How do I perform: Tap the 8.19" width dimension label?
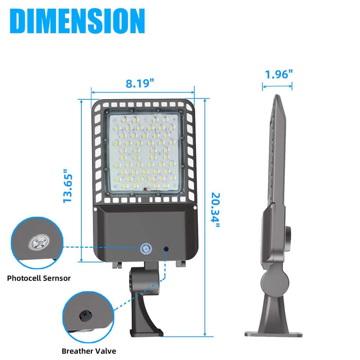pos(140,83)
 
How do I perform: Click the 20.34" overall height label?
pos(216,210)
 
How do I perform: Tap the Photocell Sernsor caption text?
pos(39,278)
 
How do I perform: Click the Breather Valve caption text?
pos(89,351)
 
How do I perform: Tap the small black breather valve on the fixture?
pos(166,248)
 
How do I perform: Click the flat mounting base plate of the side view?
pos(273,334)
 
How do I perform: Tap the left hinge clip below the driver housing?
pos(116,264)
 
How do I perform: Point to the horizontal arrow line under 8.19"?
pos(143,91)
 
